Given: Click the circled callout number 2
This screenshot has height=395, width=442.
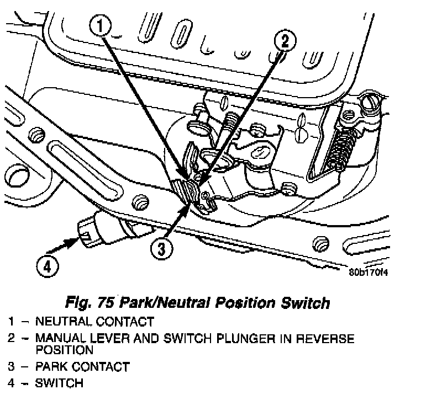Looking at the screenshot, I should pos(284,40).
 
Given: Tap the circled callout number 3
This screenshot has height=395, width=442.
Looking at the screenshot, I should pos(160,250).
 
